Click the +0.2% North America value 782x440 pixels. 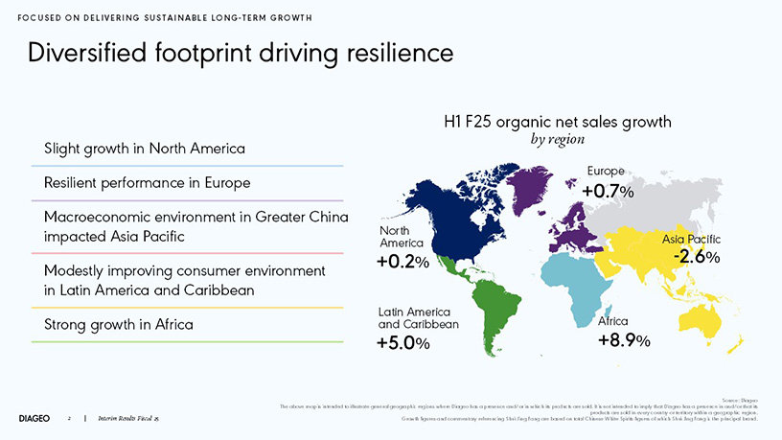402,262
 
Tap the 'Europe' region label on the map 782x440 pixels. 607,171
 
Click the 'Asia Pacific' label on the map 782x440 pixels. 691,238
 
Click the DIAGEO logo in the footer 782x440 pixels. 36,419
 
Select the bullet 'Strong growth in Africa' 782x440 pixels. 120,324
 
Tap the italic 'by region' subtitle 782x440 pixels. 558,140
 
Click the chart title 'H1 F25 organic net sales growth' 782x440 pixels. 557,122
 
